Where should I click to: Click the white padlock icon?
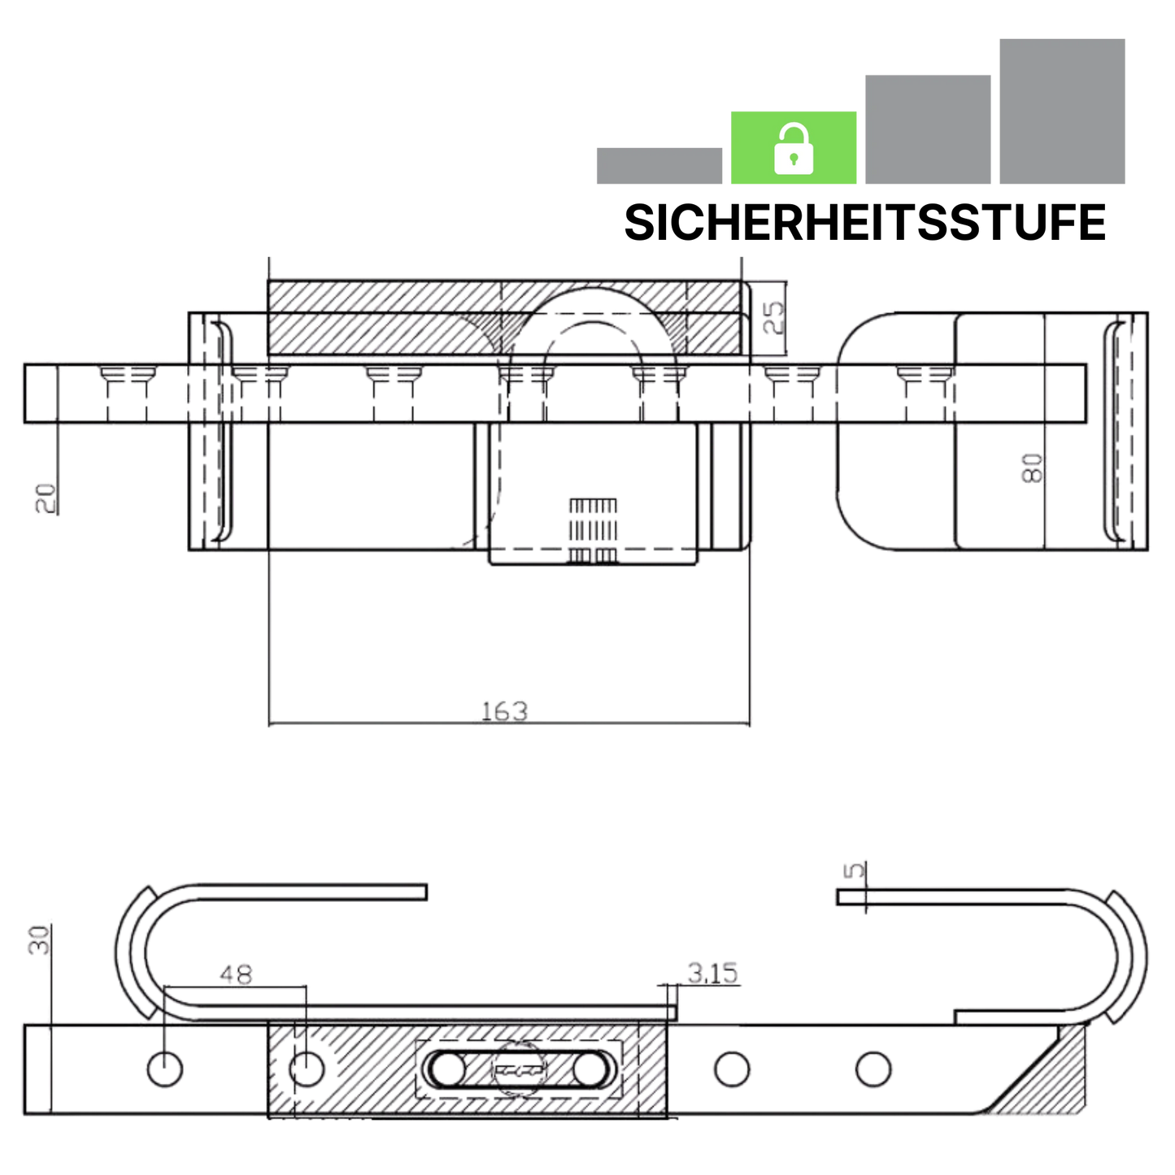pyautogui.click(x=793, y=148)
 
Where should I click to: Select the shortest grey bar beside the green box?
pyautogui.click(x=659, y=166)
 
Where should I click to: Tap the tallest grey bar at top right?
pyautogui.click(x=1061, y=111)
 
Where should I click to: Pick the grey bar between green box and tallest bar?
pyautogui.click(x=927, y=130)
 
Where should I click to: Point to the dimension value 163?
pyautogui.click(x=504, y=709)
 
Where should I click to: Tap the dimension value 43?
pyautogui.click(x=237, y=973)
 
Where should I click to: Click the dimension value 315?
pyautogui.click(x=713, y=971)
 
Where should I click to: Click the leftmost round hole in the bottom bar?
pyautogui.click(x=165, y=1067)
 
